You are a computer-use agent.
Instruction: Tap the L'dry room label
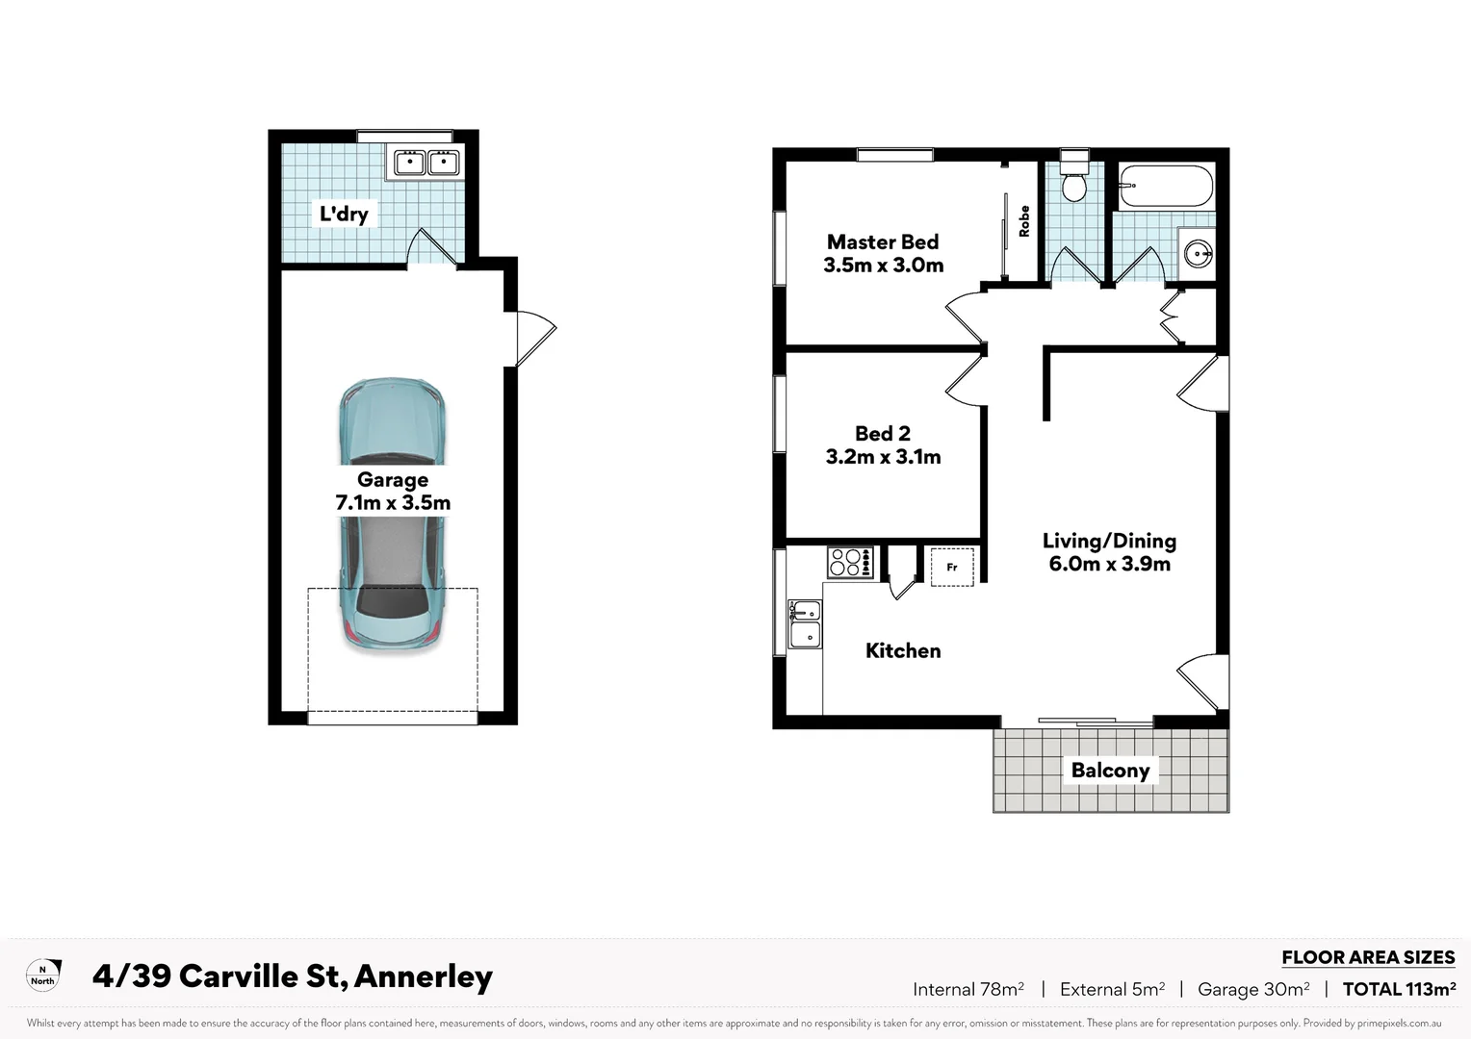tap(344, 214)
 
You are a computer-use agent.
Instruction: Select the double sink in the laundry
tap(424, 163)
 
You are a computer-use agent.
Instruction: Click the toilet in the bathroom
tap(1073, 180)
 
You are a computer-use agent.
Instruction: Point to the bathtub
tap(1166, 186)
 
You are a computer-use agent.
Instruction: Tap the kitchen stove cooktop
tap(850, 562)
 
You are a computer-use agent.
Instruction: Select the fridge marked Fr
tap(951, 567)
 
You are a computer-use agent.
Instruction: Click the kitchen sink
tap(805, 623)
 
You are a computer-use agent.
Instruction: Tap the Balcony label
tap(1110, 771)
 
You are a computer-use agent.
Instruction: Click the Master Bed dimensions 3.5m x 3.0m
tap(883, 266)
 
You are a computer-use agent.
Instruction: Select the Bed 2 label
tap(883, 434)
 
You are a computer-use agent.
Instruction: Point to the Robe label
tap(1024, 221)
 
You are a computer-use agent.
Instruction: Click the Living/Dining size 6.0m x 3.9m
tap(1109, 565)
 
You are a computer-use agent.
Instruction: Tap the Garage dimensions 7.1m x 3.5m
tap(393, 503)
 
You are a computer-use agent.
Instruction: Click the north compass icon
tap(43, 975)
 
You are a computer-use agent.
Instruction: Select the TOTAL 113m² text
tap(1398, 989)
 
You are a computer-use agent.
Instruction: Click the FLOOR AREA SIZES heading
tap(1367, 957)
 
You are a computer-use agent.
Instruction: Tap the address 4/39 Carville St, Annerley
tap(293, 976)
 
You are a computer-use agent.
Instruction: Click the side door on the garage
tap(532, 339)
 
